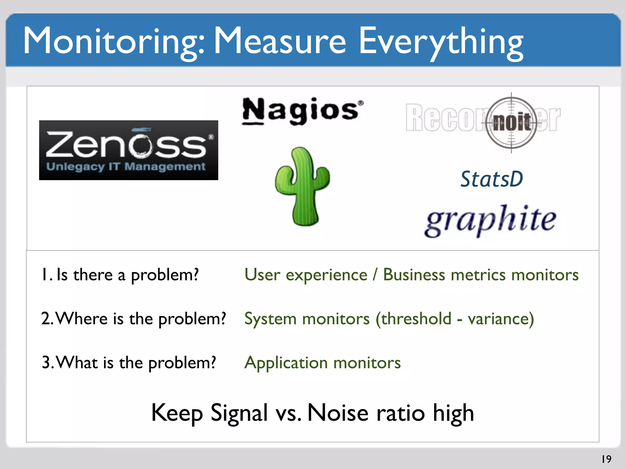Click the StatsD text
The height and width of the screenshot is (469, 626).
[x=492, y=179]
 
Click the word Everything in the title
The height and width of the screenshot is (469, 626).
[x=441, y=41]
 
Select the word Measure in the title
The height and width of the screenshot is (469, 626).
[x=280, y=41]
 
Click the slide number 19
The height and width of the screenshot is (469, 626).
[x=606, y=459]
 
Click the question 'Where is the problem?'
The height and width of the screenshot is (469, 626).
[x=134, y=318]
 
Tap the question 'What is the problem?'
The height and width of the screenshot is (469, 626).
[x=129, y=362]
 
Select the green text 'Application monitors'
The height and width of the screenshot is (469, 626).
[x=322, y=362]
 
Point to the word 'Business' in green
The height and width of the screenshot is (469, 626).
[x=414, y=274]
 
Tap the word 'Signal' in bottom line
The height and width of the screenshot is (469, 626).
[x=239, y=413]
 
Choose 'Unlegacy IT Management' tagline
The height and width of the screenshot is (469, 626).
[x=126, y=167]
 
